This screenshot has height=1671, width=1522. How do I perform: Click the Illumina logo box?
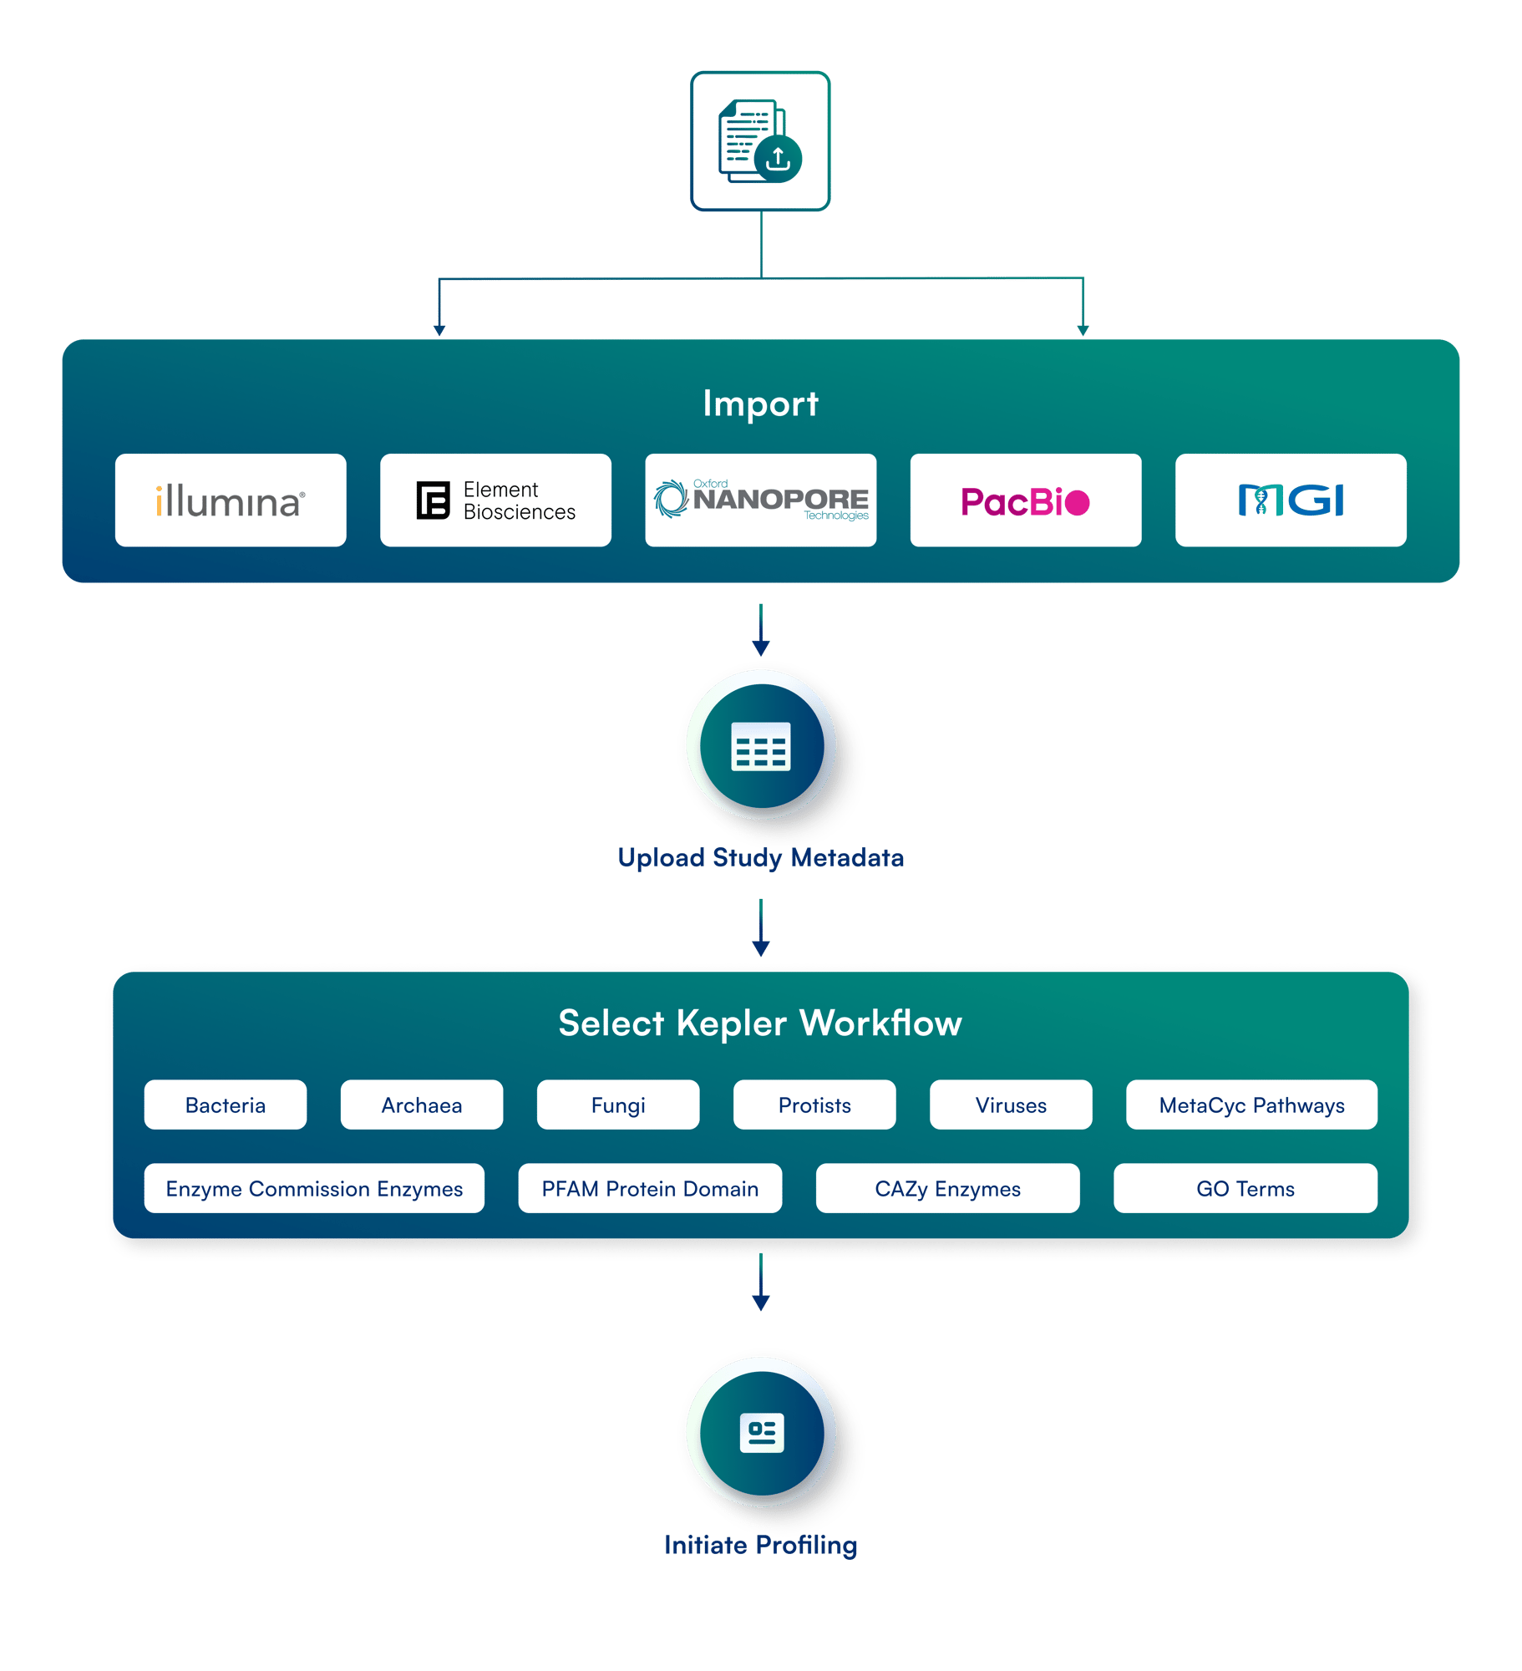click(231, 500)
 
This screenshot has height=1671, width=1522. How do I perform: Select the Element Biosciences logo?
click(495, 500)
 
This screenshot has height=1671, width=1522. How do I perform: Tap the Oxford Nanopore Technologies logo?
click(760, 500)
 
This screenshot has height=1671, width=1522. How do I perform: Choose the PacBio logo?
click(1025, 500)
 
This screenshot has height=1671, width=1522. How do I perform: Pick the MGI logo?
click(1290, 500)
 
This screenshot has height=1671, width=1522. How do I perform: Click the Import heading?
click(760, 404)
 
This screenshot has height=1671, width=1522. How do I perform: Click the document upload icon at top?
click(760, 141)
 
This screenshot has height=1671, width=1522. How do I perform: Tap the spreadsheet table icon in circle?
click(761, 745)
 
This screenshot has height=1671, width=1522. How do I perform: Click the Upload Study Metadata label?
click(760, 858)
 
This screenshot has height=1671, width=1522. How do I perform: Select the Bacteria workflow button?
click(226, 1105)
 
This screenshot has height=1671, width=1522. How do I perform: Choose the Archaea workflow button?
click(422, 1105)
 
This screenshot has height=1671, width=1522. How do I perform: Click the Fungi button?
click(618, 1105)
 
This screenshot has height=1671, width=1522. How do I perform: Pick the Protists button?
click(814, 1105)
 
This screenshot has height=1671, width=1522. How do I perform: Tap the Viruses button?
click(1011, 1105)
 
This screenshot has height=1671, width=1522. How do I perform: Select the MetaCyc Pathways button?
click(1251, 1105)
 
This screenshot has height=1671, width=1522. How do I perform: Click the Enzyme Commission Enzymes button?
click(314, 1189)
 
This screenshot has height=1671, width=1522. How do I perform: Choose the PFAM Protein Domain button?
click(650, 1189)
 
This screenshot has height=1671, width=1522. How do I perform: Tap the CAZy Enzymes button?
click(947, 1189)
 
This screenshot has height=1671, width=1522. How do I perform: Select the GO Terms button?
click(1245, 1189)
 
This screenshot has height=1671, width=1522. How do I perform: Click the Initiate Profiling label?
click(760, 1545)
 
